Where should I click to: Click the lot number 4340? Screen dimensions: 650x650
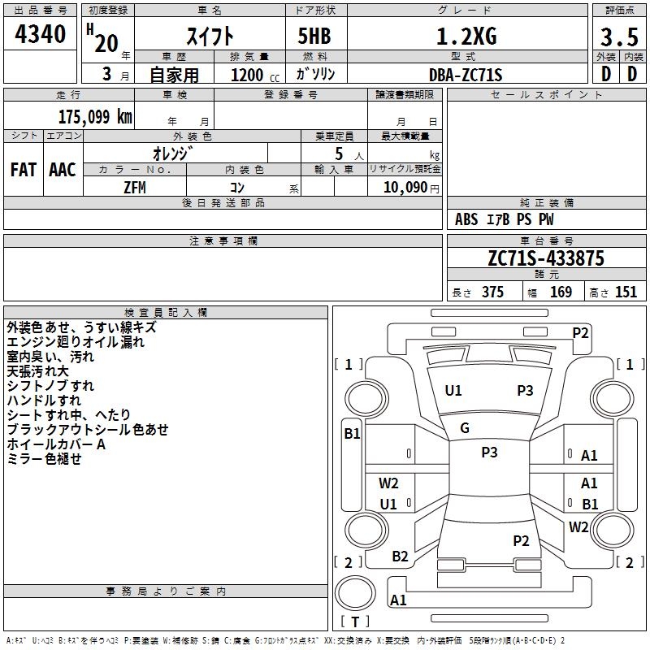pos(40,35)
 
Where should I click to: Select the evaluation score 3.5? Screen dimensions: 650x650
pos(618,37)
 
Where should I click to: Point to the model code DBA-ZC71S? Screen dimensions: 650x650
pos(466,75)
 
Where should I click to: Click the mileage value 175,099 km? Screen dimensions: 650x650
pos(94,116)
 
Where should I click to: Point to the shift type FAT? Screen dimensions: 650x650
pos(23,170)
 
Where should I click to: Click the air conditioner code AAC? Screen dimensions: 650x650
pos(63,170)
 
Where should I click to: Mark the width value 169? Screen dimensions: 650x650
pos(561,292)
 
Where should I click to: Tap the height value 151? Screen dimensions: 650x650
pos(626,292)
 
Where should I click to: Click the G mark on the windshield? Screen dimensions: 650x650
pos(465,428)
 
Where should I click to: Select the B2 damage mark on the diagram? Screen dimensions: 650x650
pos(400,556)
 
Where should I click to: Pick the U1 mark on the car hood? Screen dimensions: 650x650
pos(453,390)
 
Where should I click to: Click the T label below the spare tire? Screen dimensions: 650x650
pos(355,622)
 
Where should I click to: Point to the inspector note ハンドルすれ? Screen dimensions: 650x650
pos(44,401)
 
